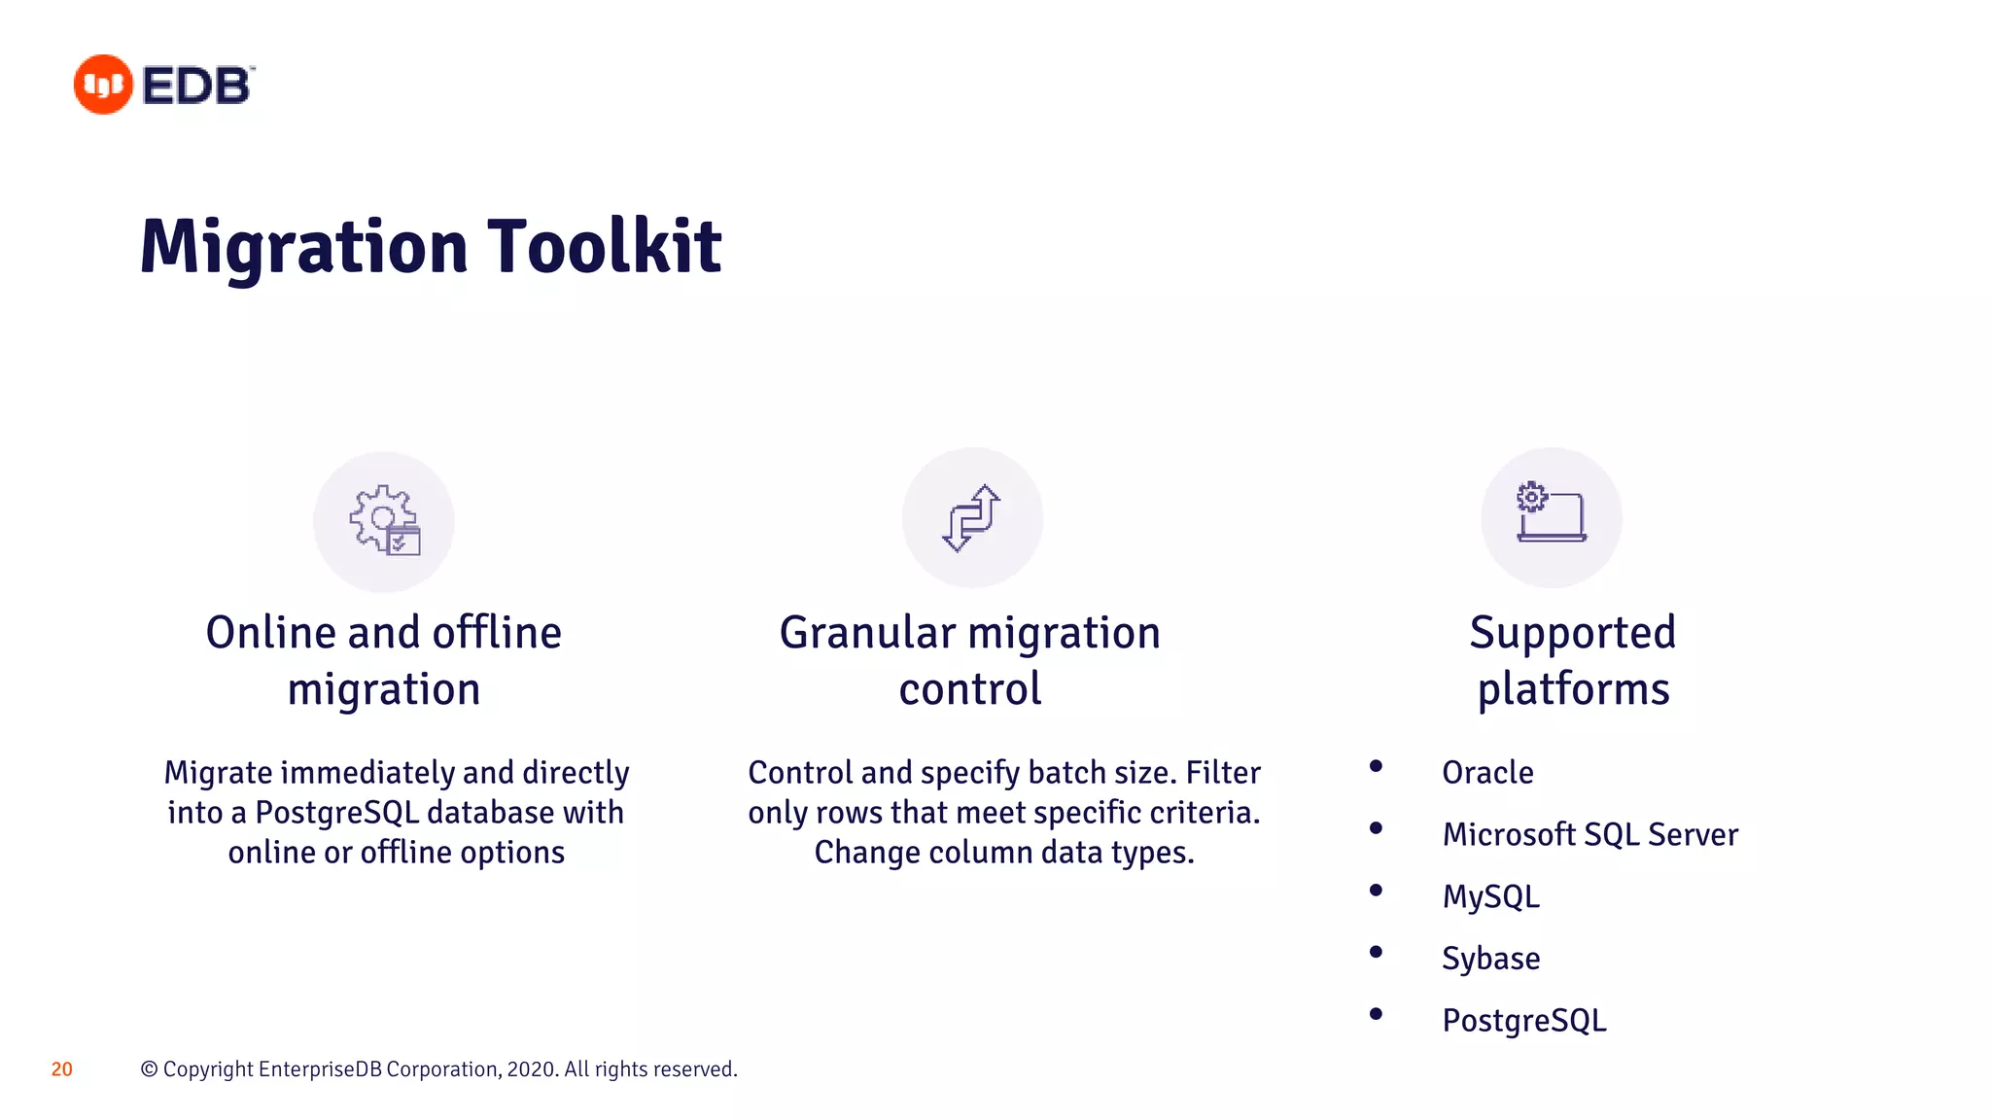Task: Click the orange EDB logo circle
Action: [103, 85]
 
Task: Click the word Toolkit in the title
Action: [604, 247]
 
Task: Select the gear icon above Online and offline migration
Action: [384, 521]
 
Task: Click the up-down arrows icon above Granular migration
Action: [971, 518]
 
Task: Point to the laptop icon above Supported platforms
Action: [1551, 512]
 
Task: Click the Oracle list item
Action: [1487, 773]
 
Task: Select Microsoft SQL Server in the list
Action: [1589, 834]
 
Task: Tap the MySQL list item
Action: [1490, 896]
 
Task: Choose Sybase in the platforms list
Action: [1490, 959]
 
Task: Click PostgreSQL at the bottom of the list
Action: [1523, 1021]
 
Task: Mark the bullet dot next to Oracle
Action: [1376, 766]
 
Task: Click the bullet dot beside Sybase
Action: [1376, 952]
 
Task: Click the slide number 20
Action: [61, 1069]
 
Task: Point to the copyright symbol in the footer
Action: [149, 1069]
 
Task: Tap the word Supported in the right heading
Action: [1572, 633]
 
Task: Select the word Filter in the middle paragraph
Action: [1222, 773]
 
